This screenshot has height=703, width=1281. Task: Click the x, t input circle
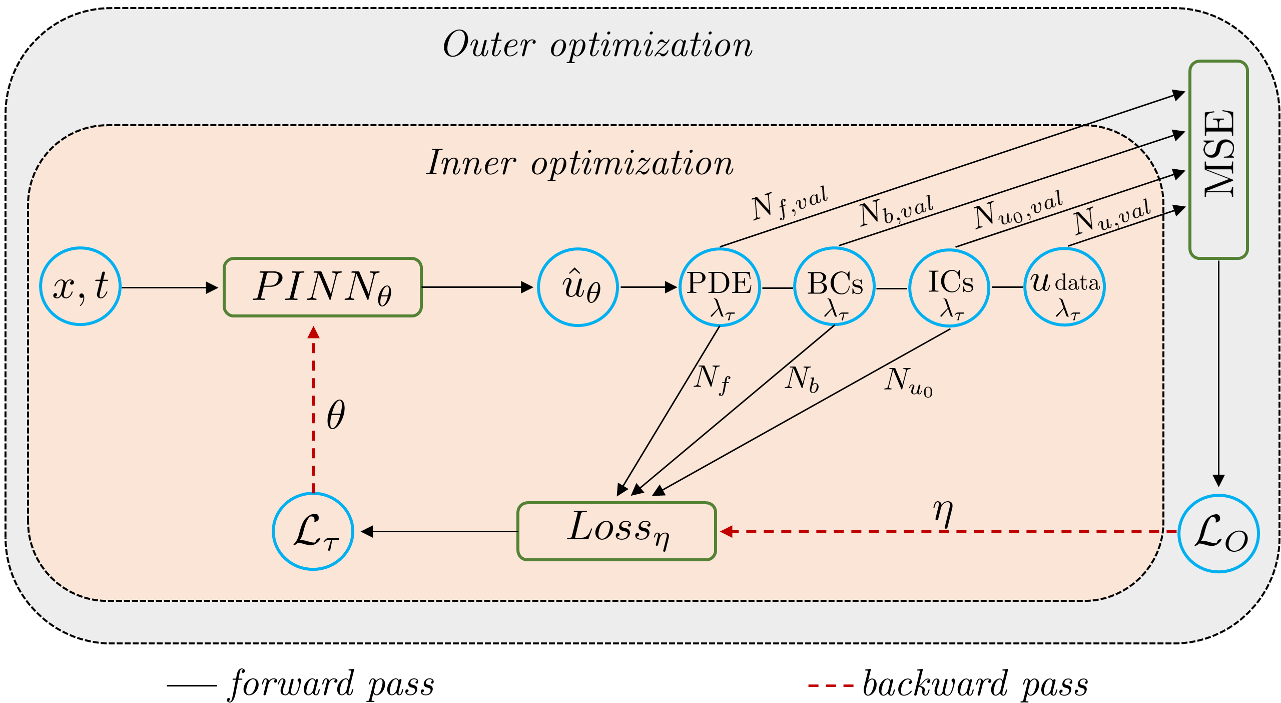[x=80, y=286]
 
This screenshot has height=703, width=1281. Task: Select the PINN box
[x=323, y=287]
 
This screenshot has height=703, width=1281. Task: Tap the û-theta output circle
[x=578, y=287]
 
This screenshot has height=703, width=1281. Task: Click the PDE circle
[x=720, y=287]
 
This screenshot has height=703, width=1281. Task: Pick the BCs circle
[x=834, y=287]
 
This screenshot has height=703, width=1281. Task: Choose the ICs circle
[x=949, y=287]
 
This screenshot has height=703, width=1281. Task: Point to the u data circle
[x=1064, y=287]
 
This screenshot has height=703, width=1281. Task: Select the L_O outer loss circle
[x=1218, y=534]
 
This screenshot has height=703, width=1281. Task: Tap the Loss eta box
[x=616, y=531]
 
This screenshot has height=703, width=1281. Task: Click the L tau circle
[x=313, y=531]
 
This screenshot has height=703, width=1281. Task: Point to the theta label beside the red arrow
[x=336, y=415]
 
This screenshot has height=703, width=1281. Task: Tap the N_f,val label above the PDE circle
[x=790, y=203]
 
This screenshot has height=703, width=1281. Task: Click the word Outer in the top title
[x=489, y=45]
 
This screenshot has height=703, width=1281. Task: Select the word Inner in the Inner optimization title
[x=470, y=163]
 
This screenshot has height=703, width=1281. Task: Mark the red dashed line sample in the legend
[x=831, y=685]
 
